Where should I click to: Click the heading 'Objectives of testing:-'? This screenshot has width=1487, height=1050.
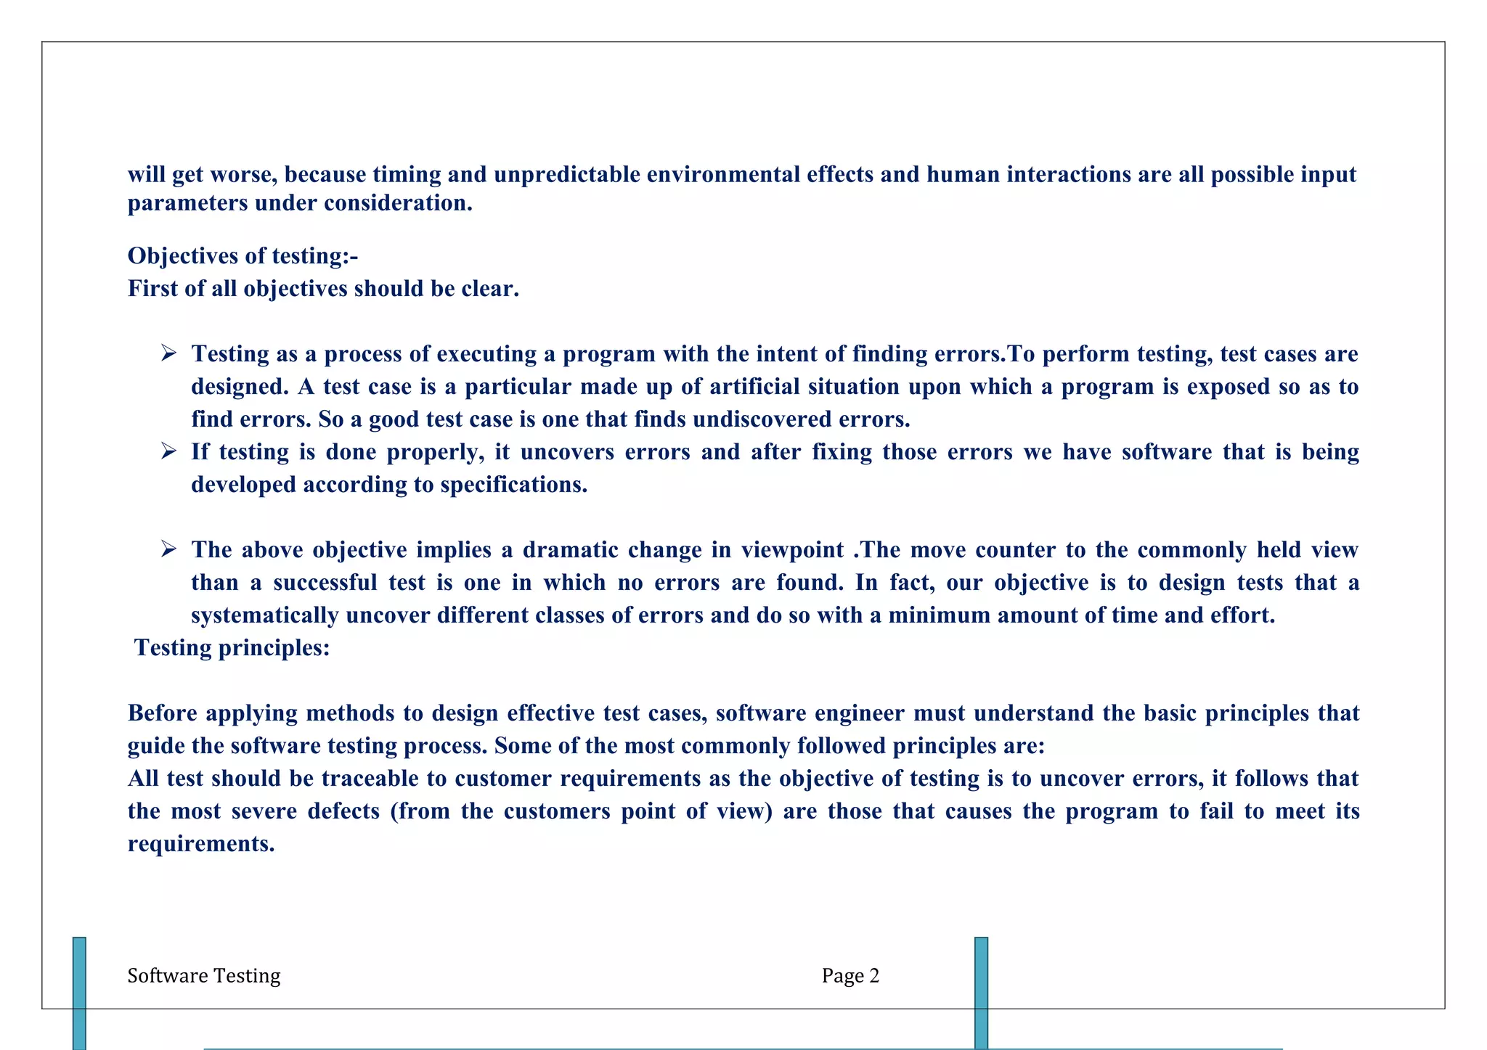pyautogui.click(x=243, y=256)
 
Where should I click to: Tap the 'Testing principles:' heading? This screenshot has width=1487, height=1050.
pyautogui.click(x=232, y=647)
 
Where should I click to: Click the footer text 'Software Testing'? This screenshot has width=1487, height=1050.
pyautogui.click(x=203, y=976)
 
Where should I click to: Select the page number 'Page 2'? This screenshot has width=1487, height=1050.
pyautogui.click(x=850, y=976)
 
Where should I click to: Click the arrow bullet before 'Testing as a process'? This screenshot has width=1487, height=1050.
pyautogui.click(x=168, y=353)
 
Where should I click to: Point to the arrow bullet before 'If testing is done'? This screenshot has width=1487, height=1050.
pyautogui.click(x=168, y=451)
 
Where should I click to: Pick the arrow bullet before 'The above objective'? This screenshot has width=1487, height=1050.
pyautogui.click(x=168, y=549)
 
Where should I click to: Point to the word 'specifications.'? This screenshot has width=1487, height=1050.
pyautogui.click(x=513, y=485)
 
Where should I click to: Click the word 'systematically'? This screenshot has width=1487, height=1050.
pyautogui.click(x=264, y=615)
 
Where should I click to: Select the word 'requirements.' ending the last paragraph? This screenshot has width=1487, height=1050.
pyautogui.click(x=201, y=844)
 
